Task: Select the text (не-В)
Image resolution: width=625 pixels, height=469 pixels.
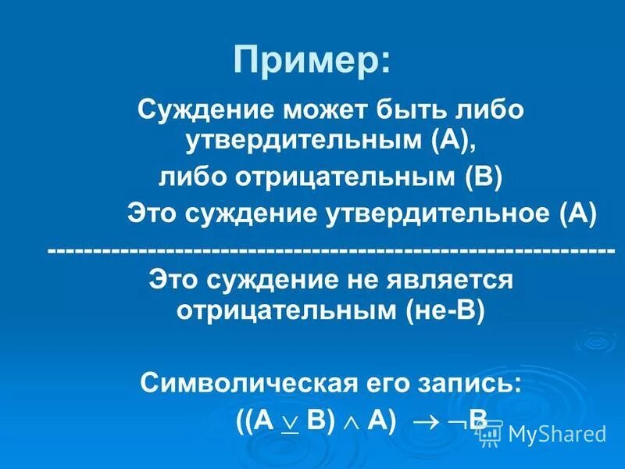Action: (445, 310)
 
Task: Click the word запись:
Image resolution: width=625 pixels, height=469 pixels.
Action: (469, 383)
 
